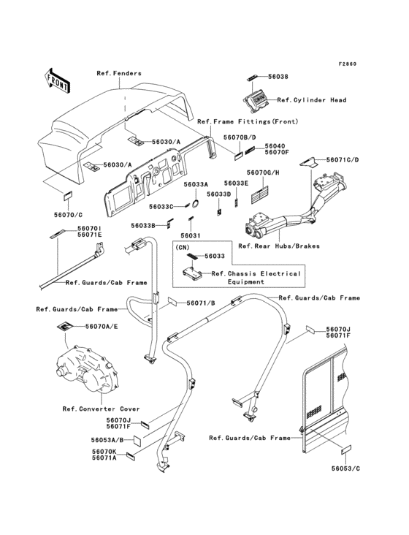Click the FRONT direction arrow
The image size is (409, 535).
[56, 80]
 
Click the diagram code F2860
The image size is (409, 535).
[348, 64]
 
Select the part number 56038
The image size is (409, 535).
[278, 77]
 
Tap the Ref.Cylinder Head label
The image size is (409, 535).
[312, 100]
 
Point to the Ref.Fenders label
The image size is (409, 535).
[119, 73]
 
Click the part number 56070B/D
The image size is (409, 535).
[240, 137]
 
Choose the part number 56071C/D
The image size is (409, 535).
[343, 159]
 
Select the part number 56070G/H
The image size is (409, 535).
[263, 172]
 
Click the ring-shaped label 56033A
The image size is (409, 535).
[196, 203]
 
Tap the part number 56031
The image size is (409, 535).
[190, 236]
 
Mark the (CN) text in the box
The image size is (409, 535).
[183, 247]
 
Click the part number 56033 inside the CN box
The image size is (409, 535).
[215, 256]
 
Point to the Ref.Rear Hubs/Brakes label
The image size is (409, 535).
[279, 246]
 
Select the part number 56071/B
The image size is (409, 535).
[201, 303]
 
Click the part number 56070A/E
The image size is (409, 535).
[102, 327]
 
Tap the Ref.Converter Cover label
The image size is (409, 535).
[102, 409]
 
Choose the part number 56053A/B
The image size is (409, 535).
[107, 440]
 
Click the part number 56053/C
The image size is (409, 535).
[345, 468]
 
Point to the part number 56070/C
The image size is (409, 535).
[68, 215]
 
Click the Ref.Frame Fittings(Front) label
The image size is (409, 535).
[248, 121]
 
